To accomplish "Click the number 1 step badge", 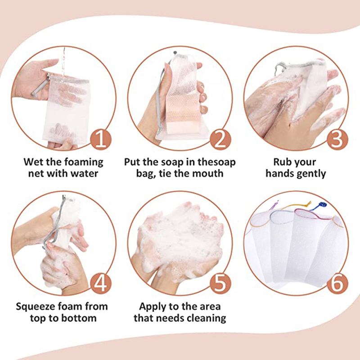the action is coord(101,140).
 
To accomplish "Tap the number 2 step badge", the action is coord(220,140).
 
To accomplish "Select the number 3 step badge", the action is coord(337,140).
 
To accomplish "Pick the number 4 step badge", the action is coord(101,284).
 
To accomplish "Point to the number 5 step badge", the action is coord(220,284).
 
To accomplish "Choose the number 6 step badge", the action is coord(337,284).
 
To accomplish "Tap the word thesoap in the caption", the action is coord(216,162).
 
